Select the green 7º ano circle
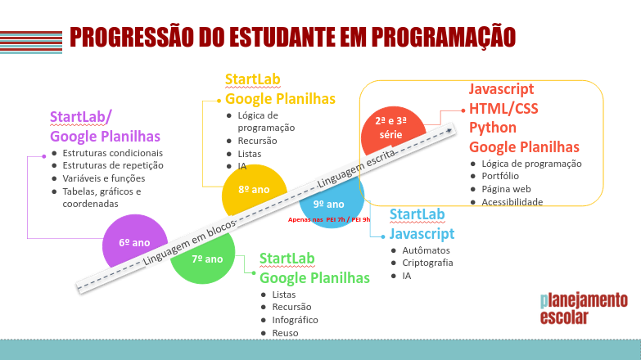coord(205,261)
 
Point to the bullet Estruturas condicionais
coord(113,153)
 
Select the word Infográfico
coord(295,320)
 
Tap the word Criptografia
coord(427,263)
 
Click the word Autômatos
coord(426,250)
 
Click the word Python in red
coord(493,128)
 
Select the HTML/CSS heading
coord(503,109)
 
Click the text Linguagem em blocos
coord(188,243)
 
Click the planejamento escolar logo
coord(584,308)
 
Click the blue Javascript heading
coord(422,233)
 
